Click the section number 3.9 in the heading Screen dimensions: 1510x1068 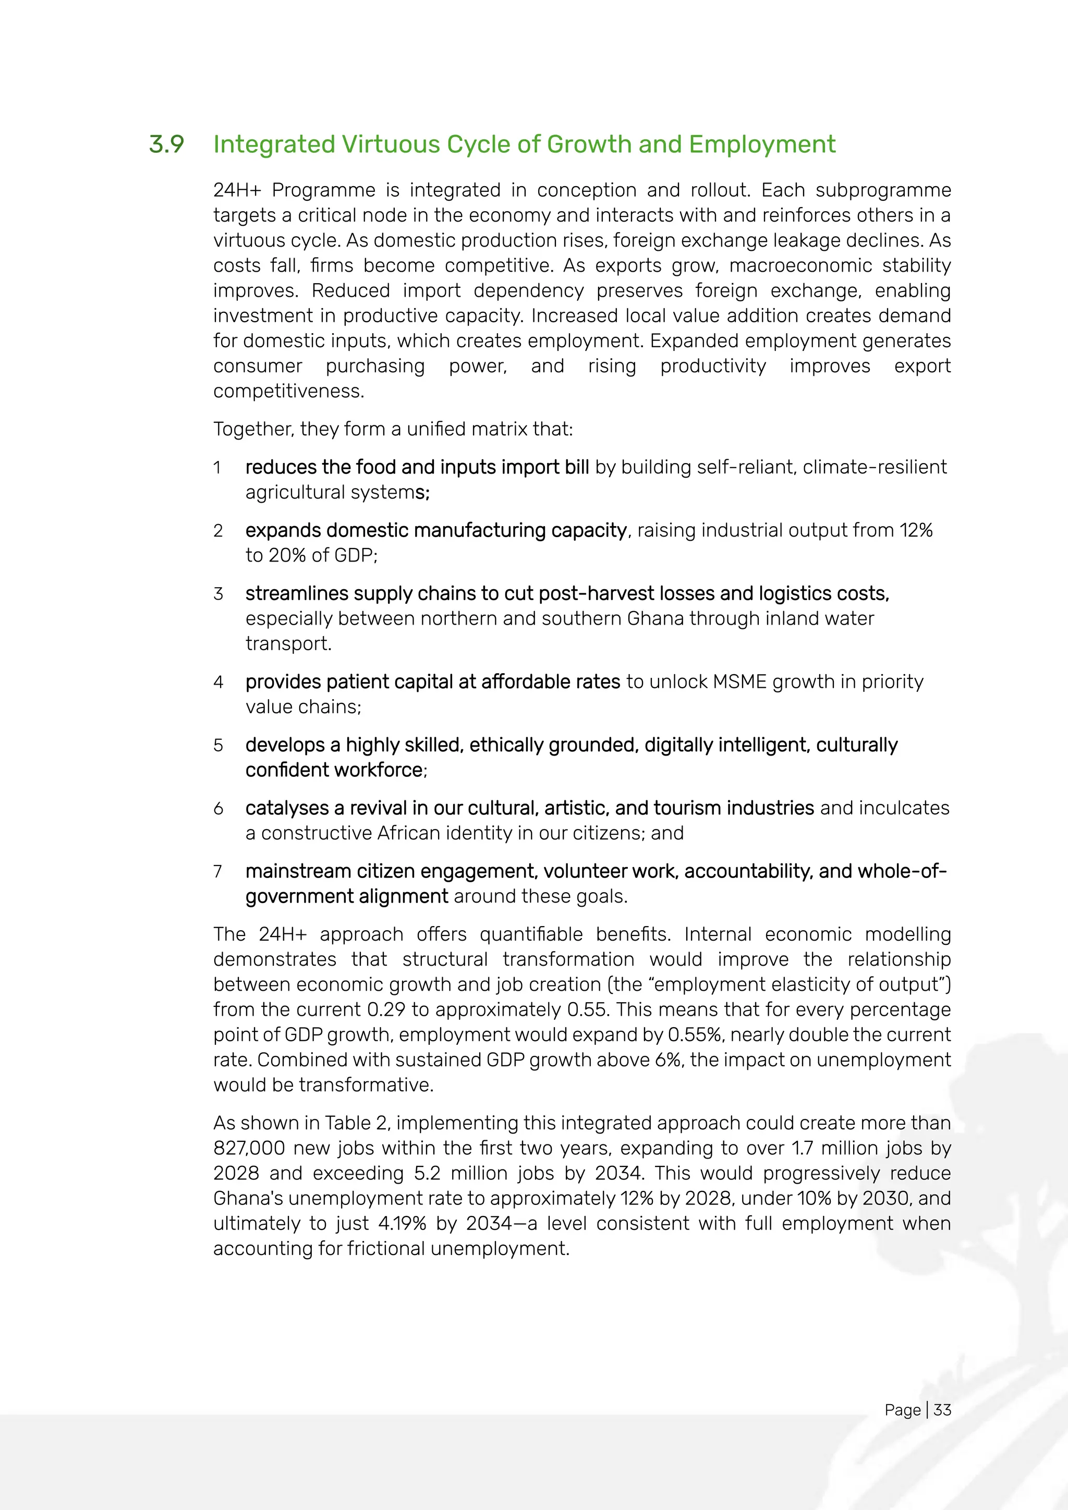166,144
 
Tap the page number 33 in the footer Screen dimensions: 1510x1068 942,1409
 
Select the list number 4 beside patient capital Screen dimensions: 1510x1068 219,682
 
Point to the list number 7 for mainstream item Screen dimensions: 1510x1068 217,871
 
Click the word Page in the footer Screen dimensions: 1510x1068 902,1409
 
